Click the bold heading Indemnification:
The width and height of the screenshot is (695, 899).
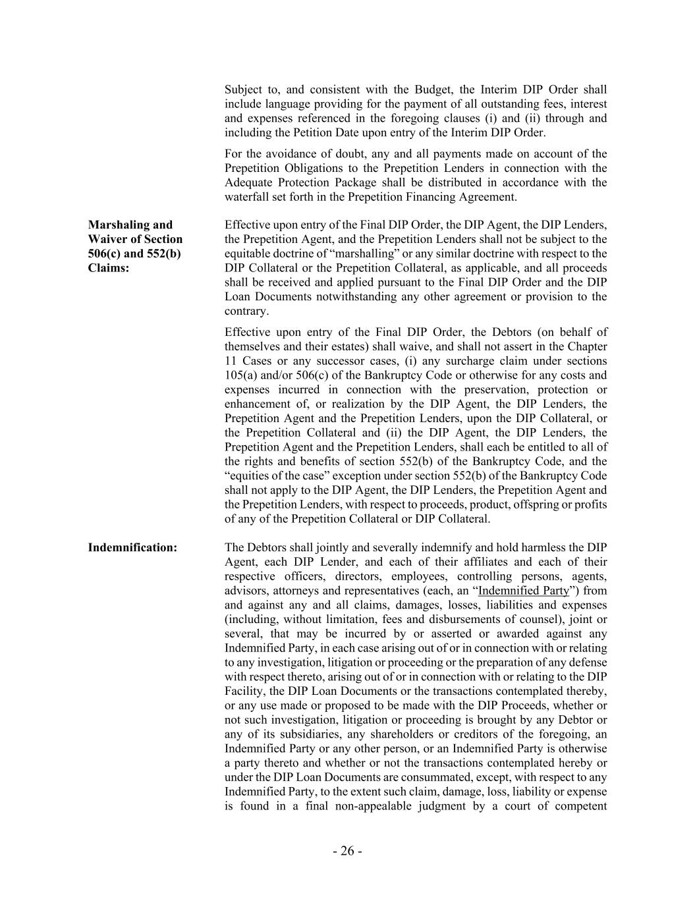click(x=132, y=547)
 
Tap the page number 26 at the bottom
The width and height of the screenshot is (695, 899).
click(x=347, y=851)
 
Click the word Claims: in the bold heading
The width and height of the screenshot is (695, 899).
click(x=109, y=268)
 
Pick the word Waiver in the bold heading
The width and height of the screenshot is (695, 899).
click(x=109, y=239)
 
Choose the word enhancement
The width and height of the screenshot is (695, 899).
click(x=259, y=404)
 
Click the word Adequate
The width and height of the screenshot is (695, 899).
click(x=247, y=182)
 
